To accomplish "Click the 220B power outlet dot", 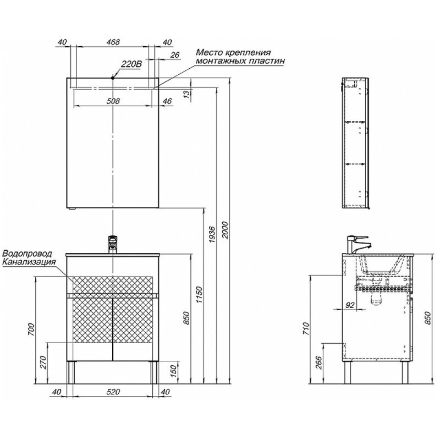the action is [x=113, y=78].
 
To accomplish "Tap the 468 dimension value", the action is [x=113, y=42].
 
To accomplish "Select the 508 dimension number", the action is [x=113, y=101].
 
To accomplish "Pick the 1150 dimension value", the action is [x=199, y=294].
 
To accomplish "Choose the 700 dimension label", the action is [x=31, y=330].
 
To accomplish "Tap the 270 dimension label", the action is [x=43, y=362].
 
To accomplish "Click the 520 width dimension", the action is [x=113, y=392].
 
